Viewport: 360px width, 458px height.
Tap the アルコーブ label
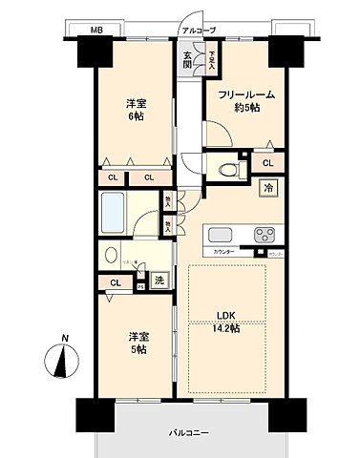pyautogui.click(x=199, y=31)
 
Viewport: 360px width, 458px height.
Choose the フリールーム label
pyautogui.click(x=245, y=95)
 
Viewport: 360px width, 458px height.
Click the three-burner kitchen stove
pyautogui.click(x=262, y=236)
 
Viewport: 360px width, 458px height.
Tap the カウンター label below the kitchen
pyautogui.click(x=225, y=251)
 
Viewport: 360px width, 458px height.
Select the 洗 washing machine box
pyautogui.click(x=159, y=281)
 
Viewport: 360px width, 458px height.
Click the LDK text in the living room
pyautogui.click(x=225, y=315)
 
